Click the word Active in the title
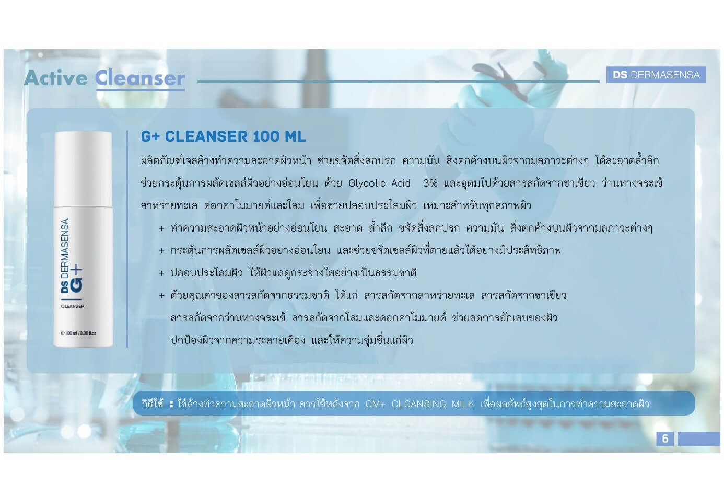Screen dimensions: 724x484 tap(55, 78)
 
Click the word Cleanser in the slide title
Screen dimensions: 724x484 tap(140, 78)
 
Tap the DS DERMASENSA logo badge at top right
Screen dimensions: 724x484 tap(656, 75)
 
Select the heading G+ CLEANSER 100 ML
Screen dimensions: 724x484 tap(224, 136)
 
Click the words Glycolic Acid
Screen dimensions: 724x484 tap(379, 183)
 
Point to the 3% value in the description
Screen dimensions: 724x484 tap(430, 183)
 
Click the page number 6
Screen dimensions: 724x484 tap(665, 439)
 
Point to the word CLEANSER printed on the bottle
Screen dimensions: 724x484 tap(73, 306)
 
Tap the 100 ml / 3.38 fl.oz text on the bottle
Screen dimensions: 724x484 tap(78, 333)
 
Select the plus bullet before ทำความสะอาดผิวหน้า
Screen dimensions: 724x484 tap(161, 228)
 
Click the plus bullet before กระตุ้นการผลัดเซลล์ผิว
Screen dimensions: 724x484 tap(161, 251)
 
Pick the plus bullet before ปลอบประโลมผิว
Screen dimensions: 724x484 tap(161, 273)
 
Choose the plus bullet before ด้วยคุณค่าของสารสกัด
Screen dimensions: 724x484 tap(161, 295)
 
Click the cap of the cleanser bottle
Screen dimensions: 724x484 tap(84, 169)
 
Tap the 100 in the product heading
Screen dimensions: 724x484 tap(266, 136)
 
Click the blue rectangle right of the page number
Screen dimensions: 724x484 tap(699, 439)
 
